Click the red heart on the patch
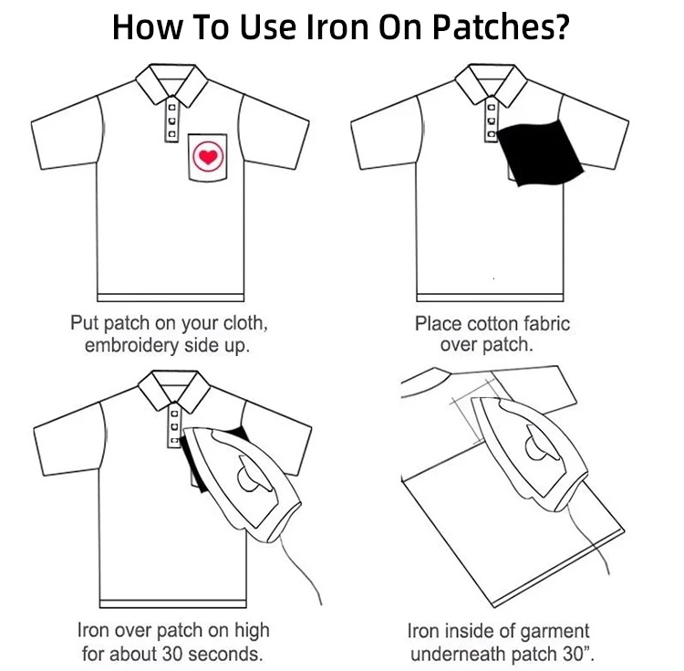(208, 156)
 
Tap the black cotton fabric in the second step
(540, 152)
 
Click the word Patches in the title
(494, 27)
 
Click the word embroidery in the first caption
(131, 346)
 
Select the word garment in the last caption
(554, 631)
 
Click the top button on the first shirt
(171, 107)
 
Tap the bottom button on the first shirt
(171, 133)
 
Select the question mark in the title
(564, 27)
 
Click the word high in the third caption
(252, 631)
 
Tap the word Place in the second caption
(438, 324)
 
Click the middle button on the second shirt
(492, 121)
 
